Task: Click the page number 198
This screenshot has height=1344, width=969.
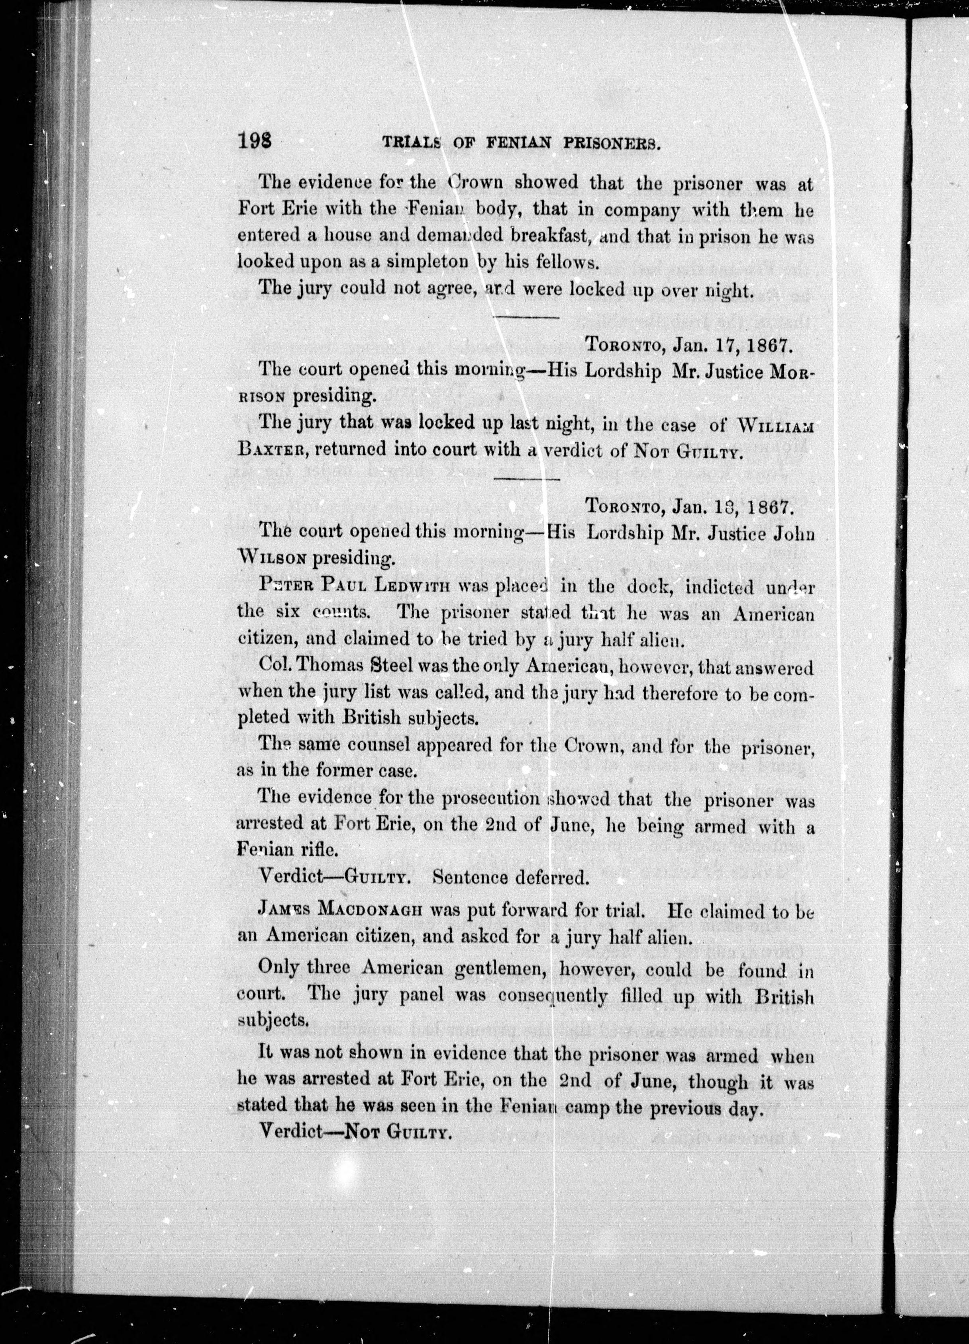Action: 255,142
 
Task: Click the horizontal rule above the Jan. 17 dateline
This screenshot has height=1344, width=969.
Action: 527,318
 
